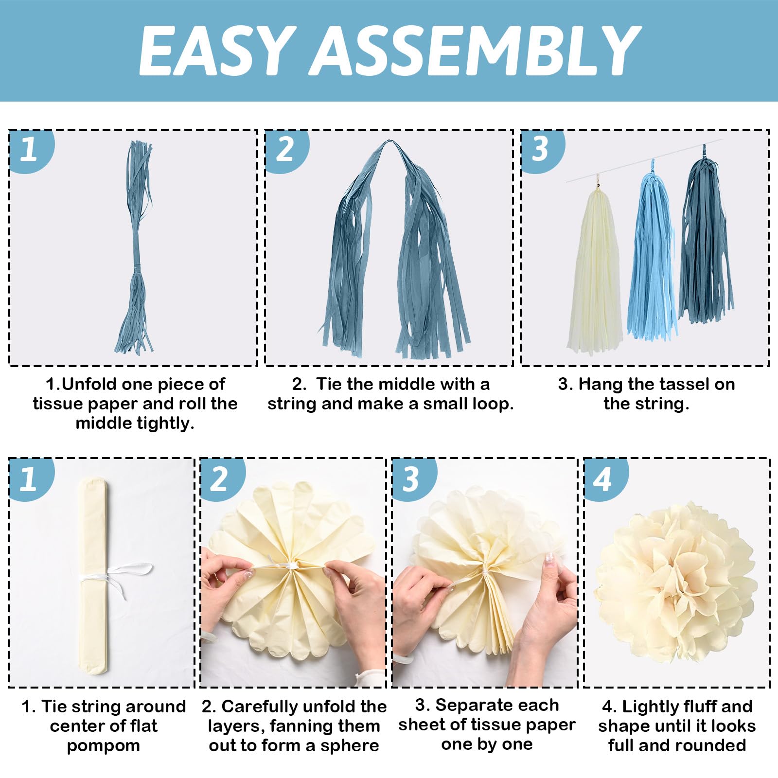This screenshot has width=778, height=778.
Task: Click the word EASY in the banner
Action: pos(217,51)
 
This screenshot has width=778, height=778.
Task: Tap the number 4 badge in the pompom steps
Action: pos(603,479)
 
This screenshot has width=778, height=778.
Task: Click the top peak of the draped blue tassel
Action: pos(388,141)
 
